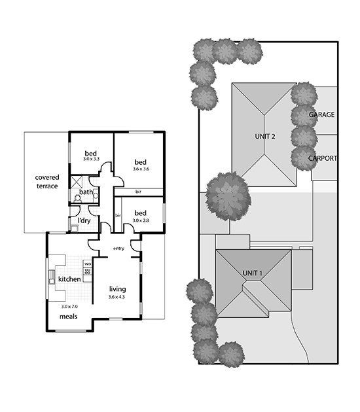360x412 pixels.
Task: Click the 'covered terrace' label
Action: (x=47, y=182)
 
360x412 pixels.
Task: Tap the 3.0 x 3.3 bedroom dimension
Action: (x=91, y=159)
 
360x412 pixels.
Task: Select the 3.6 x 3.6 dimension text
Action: (x=141, y=169)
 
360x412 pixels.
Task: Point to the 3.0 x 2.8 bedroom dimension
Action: (x=141, y=220)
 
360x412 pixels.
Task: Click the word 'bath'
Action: (x=86, y=192)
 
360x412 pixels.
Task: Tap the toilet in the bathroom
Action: (x=78, y=198)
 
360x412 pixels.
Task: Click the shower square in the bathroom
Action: (x=77, y=182)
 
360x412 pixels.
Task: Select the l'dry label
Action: (x=84, y=221)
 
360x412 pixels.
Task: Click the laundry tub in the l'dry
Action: (x=75, y=228)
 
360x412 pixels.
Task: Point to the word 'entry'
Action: (x=118, y=249)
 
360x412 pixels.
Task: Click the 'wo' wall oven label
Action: (x=88, y=264)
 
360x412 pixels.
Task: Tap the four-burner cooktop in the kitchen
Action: (x=88, y=271)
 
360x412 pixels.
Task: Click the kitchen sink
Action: (x=52, y=277)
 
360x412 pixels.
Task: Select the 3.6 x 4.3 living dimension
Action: (x=117, y=297)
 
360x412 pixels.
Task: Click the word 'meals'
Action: (x=68, y=317)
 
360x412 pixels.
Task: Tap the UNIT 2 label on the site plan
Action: (x=265, y=137)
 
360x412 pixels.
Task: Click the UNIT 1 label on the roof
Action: (x=253, y=273)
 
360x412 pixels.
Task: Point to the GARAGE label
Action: (x=321, y=114)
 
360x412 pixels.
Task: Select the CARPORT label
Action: (x=323, y=158)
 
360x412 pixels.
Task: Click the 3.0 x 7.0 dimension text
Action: (x=69, y=307)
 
